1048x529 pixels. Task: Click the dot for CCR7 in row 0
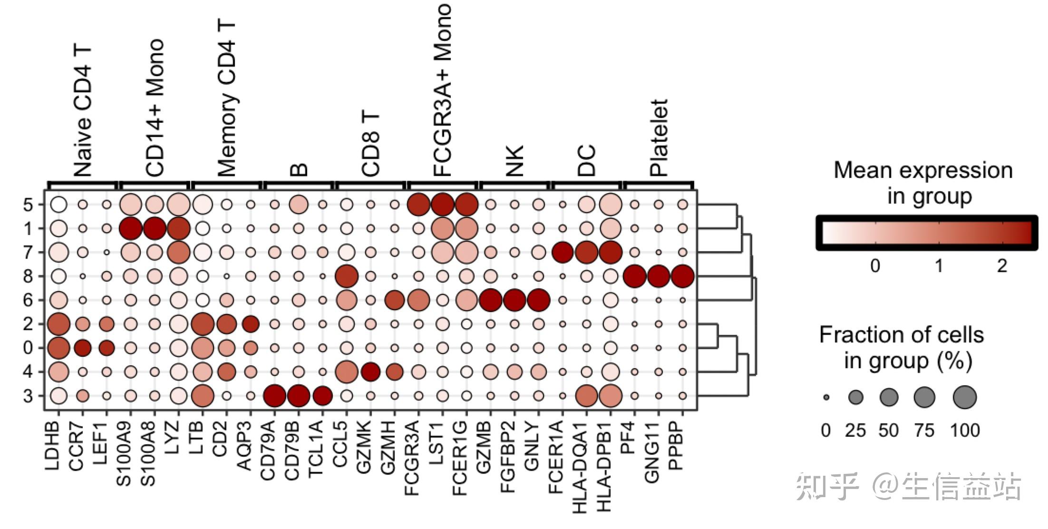coord(83,348)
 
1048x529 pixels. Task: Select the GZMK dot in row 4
coord(370,372)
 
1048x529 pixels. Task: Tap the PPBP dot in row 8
coord(682,276)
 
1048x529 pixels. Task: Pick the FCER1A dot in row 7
coord(563,252)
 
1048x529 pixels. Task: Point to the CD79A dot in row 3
coord(274,396)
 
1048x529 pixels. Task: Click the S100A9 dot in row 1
coord(131,229)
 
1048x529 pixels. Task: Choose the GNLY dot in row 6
coord(538,300)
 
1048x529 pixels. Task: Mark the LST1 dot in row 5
coord(443,205)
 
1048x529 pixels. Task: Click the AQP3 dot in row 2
coord(251,324)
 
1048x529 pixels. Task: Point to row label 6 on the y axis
coord(28,301)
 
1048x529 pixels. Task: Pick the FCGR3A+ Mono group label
coord(442,90)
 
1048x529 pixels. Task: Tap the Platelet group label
coord(659,138)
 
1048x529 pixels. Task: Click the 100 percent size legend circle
coord(965,397)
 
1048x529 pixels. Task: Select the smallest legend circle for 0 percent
coord(826,397)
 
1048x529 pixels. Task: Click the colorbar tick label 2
coord(1002,265)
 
